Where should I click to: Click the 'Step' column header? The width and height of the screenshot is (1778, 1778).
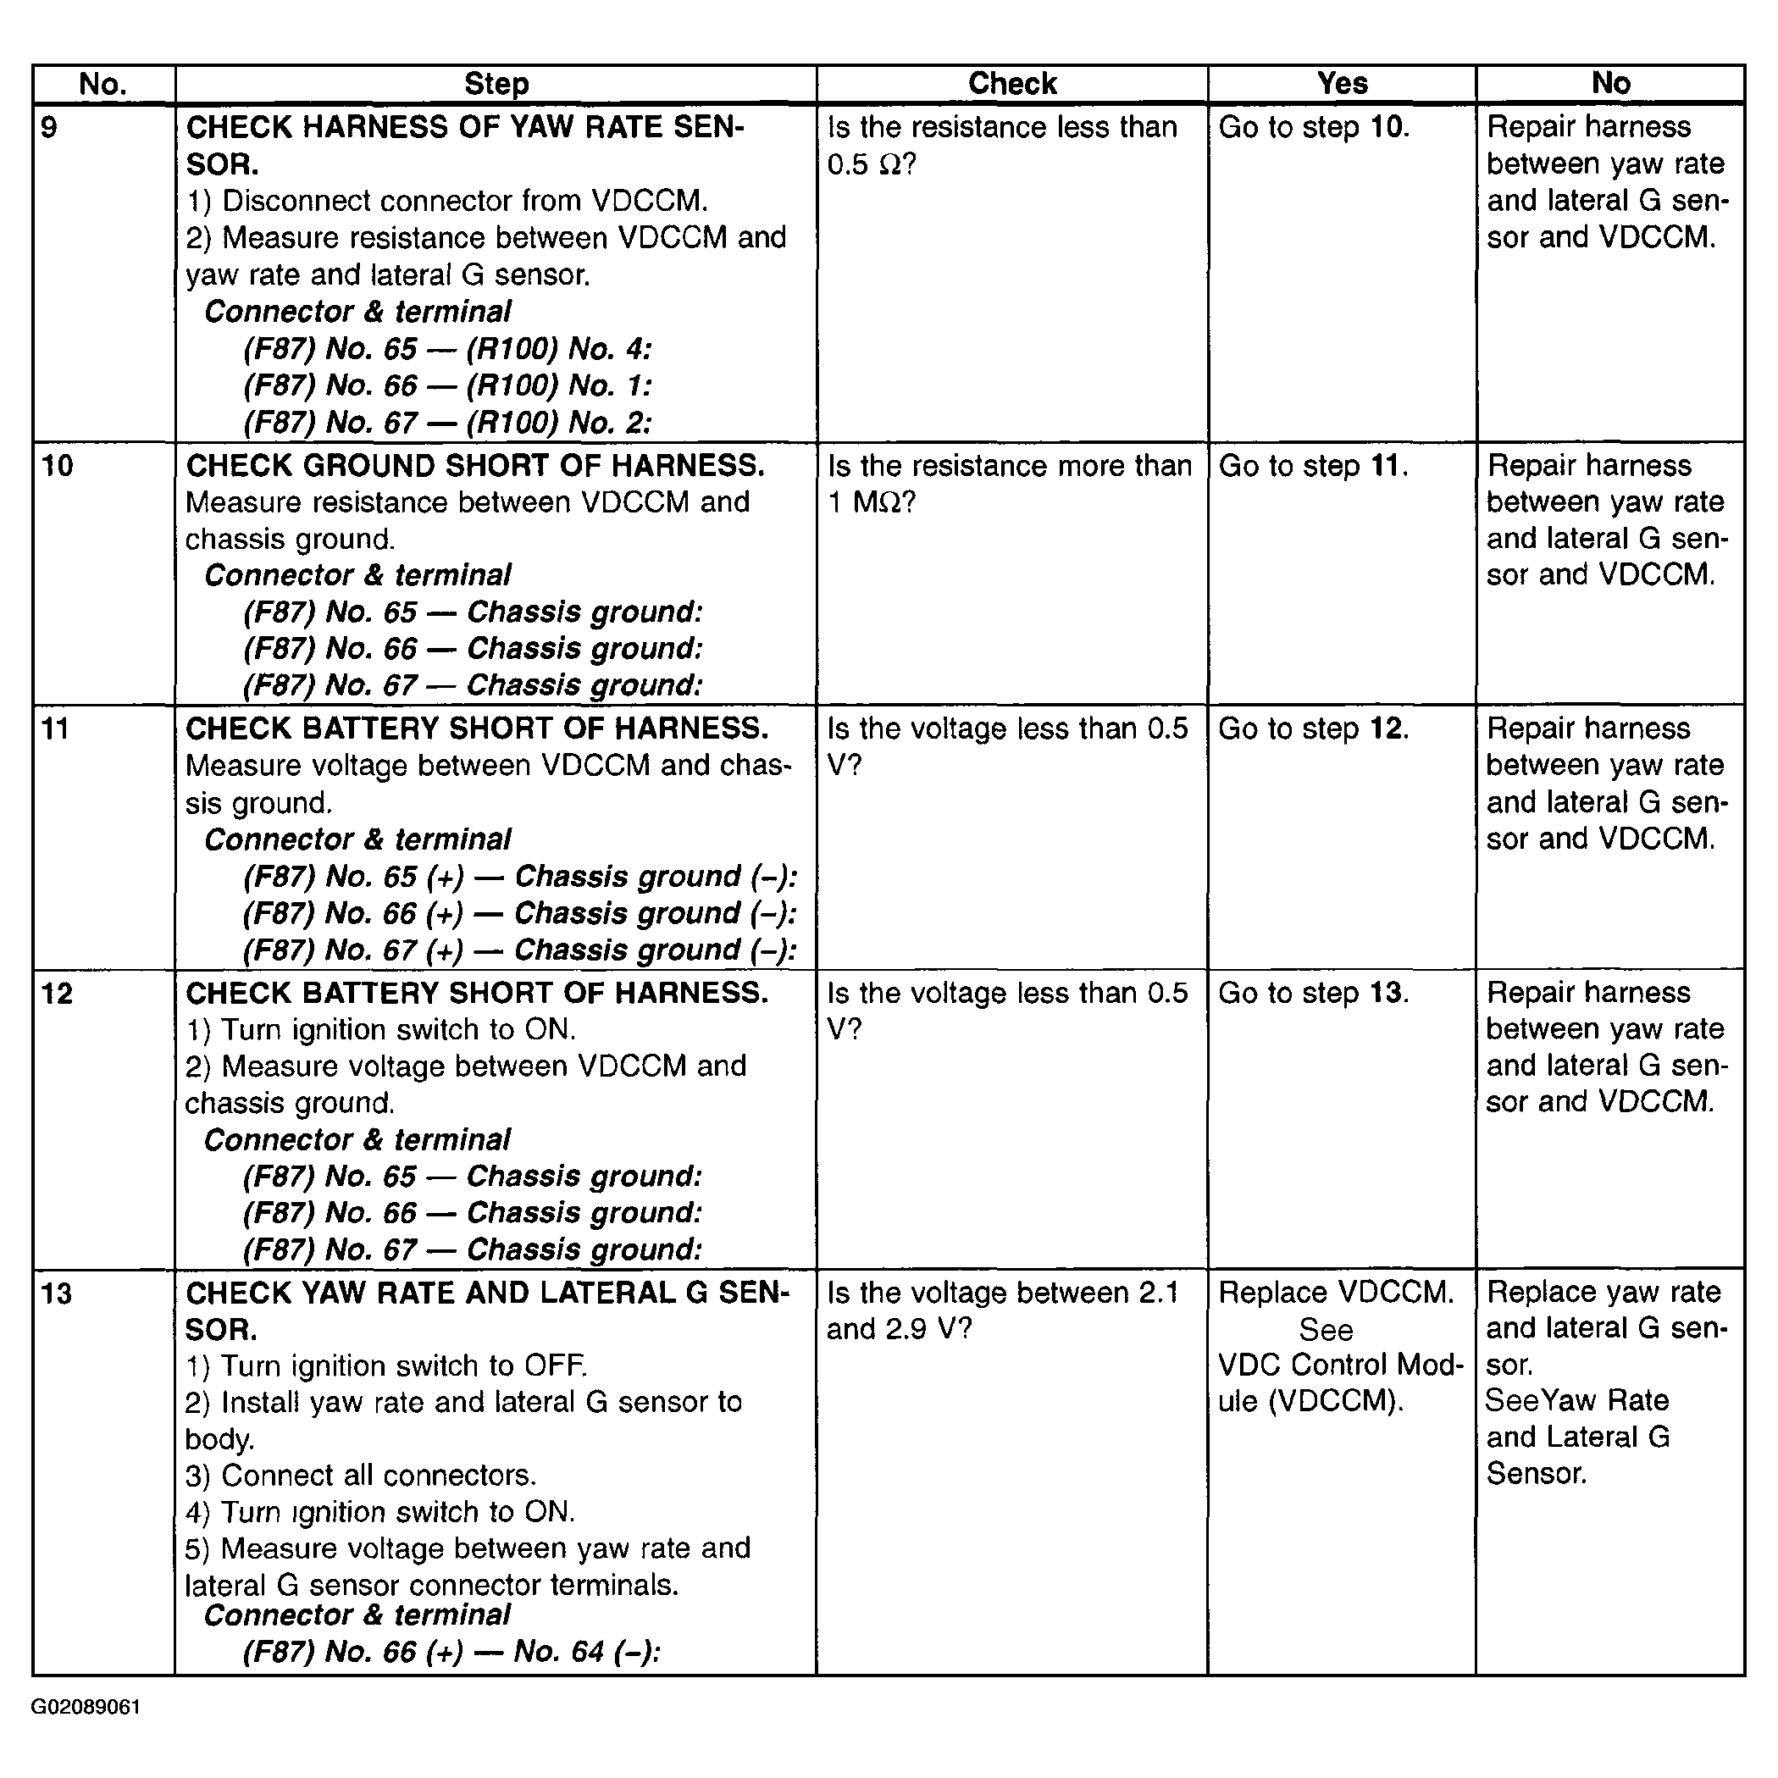point(496,84)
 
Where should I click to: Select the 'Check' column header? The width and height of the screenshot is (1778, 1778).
point(1012,84)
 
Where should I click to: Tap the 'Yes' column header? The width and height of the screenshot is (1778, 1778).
point(1342,84)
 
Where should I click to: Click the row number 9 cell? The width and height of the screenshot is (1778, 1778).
point(51,127)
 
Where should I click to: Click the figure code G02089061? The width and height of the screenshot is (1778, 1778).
point(86,1707)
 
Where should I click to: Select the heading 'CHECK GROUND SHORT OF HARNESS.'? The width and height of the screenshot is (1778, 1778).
point(475,466)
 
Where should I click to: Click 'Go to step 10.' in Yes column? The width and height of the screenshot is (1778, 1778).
point(1313,127)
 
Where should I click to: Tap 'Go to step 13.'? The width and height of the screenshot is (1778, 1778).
point(1313,992)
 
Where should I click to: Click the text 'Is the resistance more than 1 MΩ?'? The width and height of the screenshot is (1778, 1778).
point(1010,484)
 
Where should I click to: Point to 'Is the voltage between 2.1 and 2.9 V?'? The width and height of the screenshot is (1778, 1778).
point(1002,1310)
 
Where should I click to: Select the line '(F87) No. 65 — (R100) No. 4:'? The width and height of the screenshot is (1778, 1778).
point(447,349)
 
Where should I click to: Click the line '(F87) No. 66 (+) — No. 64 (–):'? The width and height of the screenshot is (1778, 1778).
point(451,1651)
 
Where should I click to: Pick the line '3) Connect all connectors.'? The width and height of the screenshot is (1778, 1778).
point(361,1476)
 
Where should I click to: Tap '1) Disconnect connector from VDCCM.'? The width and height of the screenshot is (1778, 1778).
point(447,201)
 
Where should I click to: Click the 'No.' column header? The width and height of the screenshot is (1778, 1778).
point(103,84)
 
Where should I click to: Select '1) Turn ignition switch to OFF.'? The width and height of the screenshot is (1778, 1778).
point(386,1365)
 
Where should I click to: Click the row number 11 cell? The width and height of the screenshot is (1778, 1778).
point(56,728)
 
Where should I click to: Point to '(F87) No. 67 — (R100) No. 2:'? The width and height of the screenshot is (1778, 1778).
point(447,423)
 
